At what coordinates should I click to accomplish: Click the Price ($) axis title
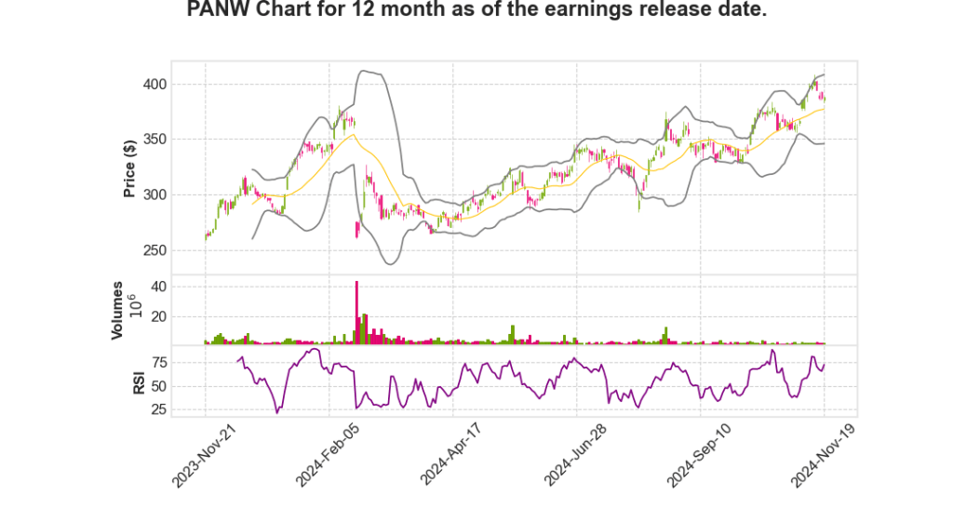pyautogui.click(x=131, y=167)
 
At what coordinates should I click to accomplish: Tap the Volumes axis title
pyautogui.click(x=118, y=310)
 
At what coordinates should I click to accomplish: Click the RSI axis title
pyautogui.click(x=138, y=382)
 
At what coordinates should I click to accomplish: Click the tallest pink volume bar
pyautogui.click(x=356, y=313)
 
